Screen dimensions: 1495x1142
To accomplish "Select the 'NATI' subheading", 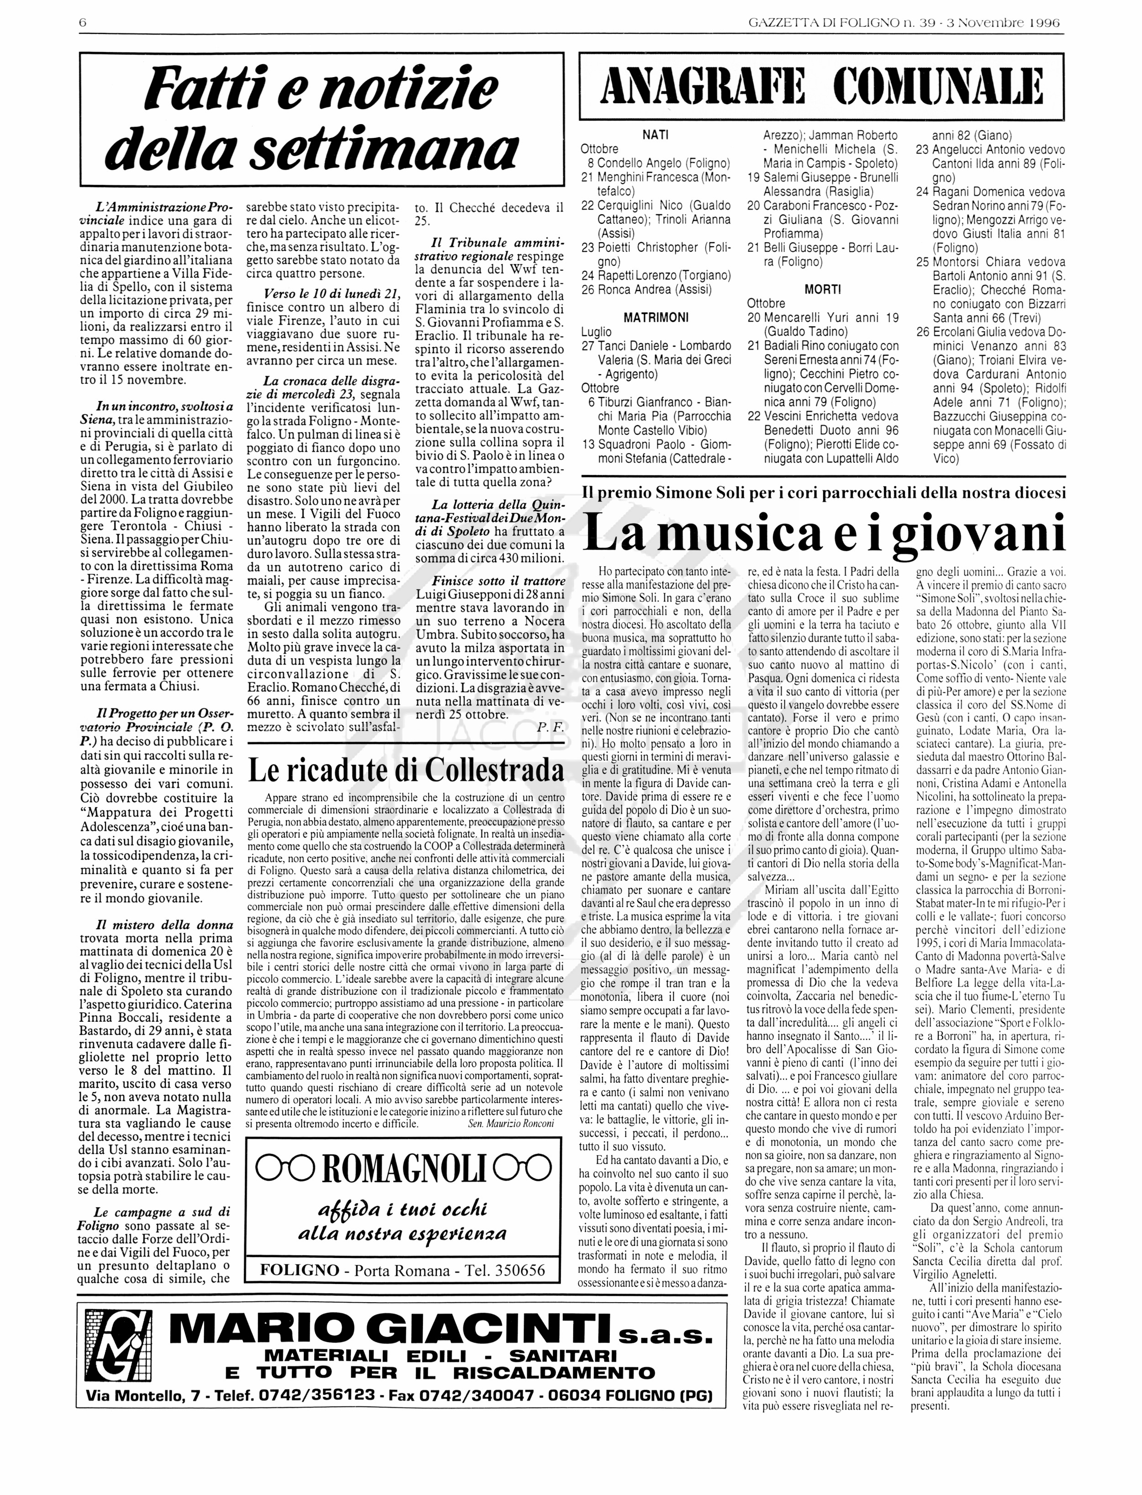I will pyautogui.click(x=656, y=135).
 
